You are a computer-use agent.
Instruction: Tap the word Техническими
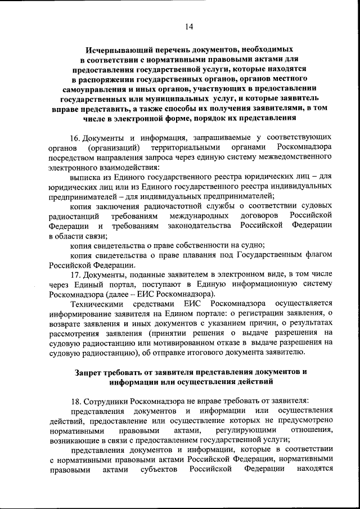click(x=97, y=304)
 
